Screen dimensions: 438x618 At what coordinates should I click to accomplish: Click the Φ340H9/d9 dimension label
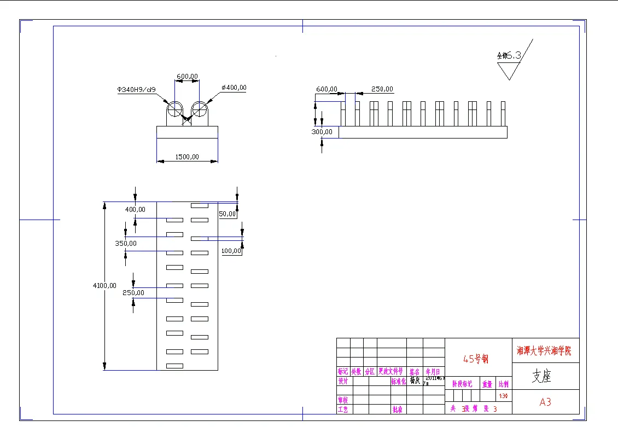coord(136,89)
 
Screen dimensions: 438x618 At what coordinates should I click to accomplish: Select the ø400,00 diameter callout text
coord(234,88)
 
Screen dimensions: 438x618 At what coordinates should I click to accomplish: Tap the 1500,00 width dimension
coord(187,157)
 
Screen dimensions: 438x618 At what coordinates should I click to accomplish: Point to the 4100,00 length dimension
coord(104,285)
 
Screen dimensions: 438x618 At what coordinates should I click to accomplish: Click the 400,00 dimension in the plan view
coord(135,210)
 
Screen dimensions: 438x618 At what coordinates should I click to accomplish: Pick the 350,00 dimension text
coord(126,244)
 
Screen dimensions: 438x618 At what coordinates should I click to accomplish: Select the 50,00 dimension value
coord(227,214)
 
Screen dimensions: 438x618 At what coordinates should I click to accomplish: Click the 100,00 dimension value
coord(231,251)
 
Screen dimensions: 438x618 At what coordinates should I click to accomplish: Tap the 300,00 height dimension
coord(322,132)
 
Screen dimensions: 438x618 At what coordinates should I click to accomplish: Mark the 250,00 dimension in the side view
coord(382,89)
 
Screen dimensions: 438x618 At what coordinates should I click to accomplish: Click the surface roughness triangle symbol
coord(509,71)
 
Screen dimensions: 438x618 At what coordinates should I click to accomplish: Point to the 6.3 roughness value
coord(514,55)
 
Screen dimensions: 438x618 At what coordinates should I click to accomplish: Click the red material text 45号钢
coord(476,359)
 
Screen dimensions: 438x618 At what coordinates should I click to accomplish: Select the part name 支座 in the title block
coord(541,376)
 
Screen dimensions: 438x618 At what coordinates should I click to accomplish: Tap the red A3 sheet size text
coord(545,402)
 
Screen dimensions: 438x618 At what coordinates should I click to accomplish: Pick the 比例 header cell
coord(503,384)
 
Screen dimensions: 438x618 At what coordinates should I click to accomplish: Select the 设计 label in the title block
coord(343,382)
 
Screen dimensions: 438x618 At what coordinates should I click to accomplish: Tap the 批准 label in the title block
coord(398,409)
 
